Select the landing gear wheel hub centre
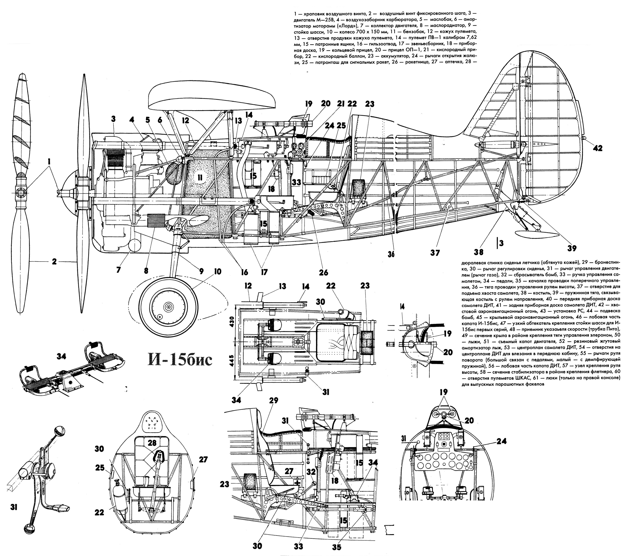tap(168, 307)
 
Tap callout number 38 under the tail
tap(479, 252)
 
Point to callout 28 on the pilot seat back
tap(152, 443)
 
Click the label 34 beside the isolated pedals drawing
tap(62, 356)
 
